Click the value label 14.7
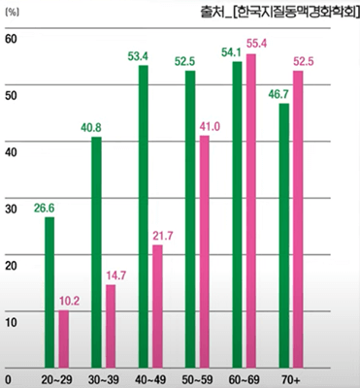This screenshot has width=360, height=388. tap(117, 274)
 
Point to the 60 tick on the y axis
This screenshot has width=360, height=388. tap(11, 40)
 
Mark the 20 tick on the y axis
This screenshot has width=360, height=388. tap(11, 265)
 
